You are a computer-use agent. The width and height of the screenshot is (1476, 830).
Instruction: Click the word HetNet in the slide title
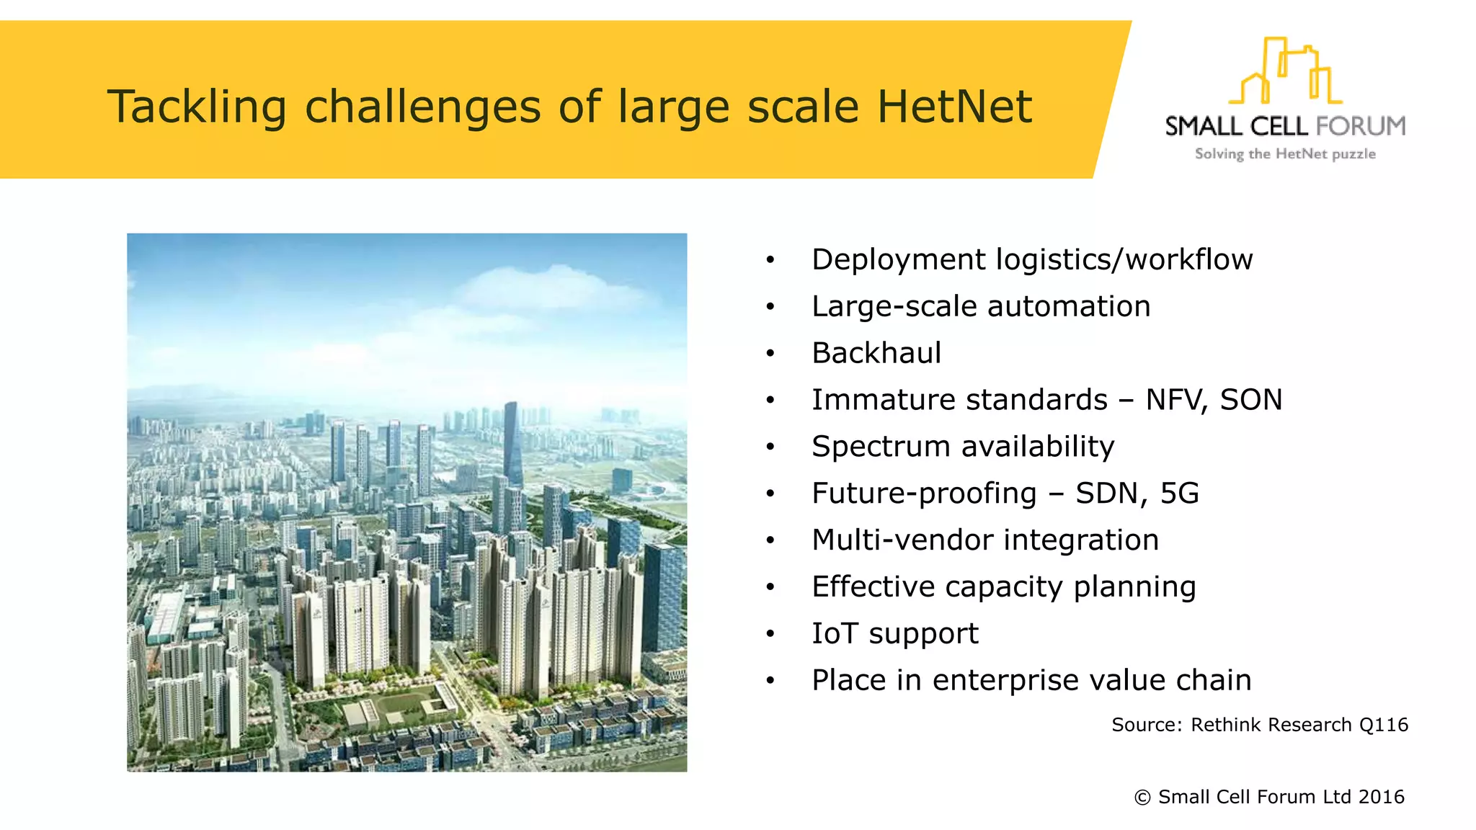point(954,107)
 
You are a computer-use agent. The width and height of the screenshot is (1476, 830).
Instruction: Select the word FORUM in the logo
point(1361,126)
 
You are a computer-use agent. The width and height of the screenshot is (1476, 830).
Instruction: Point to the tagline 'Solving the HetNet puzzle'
point(1285,154)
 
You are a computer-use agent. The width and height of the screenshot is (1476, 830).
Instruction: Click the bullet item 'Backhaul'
point(876,353)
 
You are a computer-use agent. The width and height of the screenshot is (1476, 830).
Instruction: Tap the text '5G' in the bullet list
point(1179,494)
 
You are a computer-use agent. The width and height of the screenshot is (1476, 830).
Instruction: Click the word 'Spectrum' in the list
point(881,447)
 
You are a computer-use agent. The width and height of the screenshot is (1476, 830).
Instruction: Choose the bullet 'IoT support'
point(894,634)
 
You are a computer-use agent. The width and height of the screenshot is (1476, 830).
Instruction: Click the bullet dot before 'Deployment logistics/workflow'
point(770,260)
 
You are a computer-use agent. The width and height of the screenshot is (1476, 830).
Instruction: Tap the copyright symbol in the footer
point(1142,798)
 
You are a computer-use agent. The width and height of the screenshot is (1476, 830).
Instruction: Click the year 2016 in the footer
point(1381,797)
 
